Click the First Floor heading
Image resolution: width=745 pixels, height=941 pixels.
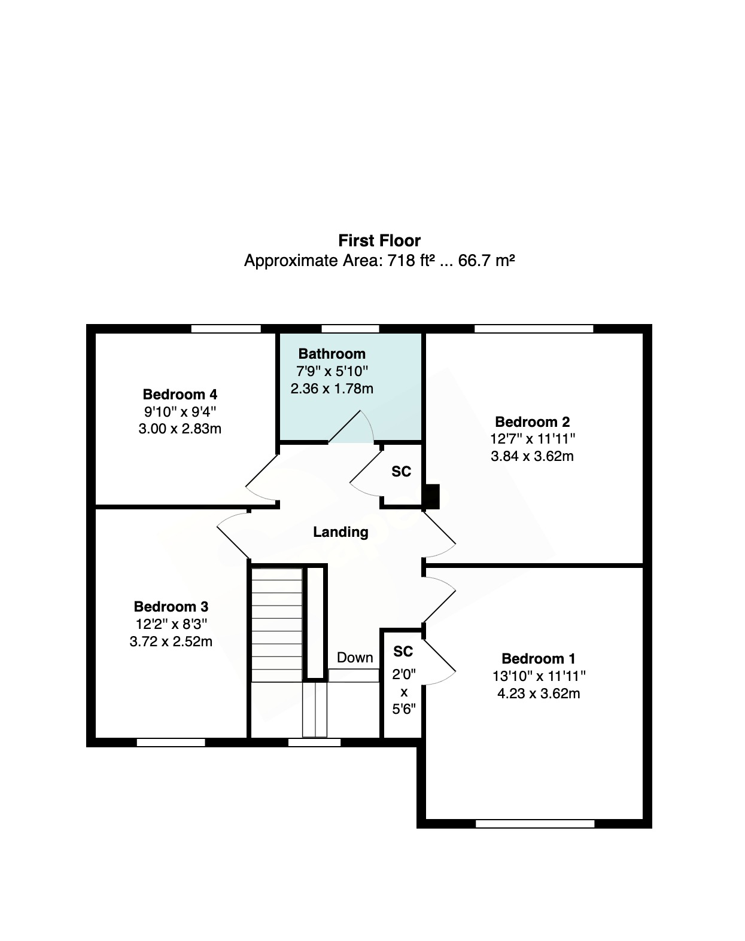coord(379,240)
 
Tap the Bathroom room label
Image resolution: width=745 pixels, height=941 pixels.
coord(332,353)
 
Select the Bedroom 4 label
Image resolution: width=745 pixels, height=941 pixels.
coord(180,394)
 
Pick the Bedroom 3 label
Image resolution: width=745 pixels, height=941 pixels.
coord(171,606)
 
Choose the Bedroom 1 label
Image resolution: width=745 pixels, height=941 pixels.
coord(539,658)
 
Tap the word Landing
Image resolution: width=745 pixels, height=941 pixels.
coord(340,531)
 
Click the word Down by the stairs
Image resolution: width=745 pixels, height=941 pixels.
coord(355,657)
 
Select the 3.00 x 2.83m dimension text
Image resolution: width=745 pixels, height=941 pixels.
coord(180,429)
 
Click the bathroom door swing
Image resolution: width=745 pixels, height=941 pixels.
coord(351,427)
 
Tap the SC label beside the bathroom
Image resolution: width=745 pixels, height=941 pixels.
coord(402,471)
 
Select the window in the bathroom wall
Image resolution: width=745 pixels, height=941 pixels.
coord(350,329)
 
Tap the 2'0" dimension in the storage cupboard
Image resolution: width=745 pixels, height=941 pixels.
coord(403,674)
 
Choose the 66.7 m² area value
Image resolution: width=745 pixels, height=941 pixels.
coord(486,261)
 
